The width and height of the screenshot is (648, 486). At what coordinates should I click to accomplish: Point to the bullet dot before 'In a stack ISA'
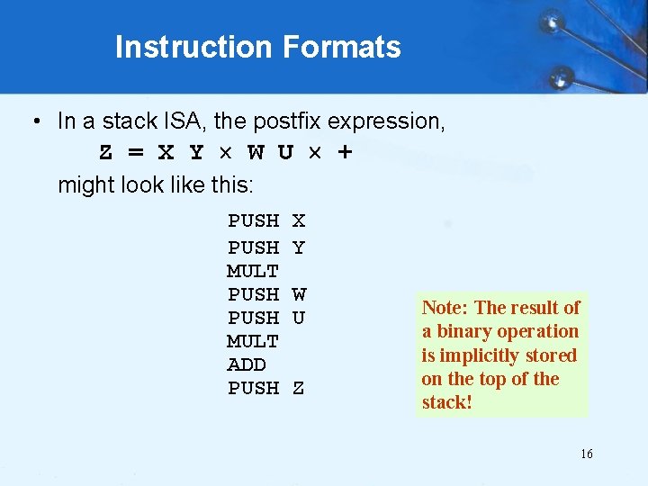click(x=34, y=121)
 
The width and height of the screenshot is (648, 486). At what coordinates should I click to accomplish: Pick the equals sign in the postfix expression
click(x=134, y=152)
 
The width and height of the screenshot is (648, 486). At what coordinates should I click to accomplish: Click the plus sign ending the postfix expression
click(x=344, y=152)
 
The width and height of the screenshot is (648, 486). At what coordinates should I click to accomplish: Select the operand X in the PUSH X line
click(x=299, y=220)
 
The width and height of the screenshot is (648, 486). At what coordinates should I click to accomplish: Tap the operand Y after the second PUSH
click(x=299, y=247)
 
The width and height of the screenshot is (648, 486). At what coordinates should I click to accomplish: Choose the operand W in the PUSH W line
click(x=299, y=294)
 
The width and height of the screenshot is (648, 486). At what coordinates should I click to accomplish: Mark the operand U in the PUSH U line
click(x=299, y=318)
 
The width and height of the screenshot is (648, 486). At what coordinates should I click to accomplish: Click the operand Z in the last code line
click(x=299, y=388)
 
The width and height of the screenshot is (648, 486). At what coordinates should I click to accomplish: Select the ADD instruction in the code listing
click(x=247, y=364)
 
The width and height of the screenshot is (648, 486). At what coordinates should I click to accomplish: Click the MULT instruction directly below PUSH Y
click(x=253, y=271)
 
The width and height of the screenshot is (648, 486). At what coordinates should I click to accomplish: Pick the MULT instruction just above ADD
click(x=253, y=341)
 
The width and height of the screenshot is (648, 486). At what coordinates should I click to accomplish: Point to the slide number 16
click(x=586, y=454)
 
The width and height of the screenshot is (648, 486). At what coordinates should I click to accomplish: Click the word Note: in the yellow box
click(x=445, y=308)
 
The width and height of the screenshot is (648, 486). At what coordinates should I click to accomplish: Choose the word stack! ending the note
click(x=446, y=401)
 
